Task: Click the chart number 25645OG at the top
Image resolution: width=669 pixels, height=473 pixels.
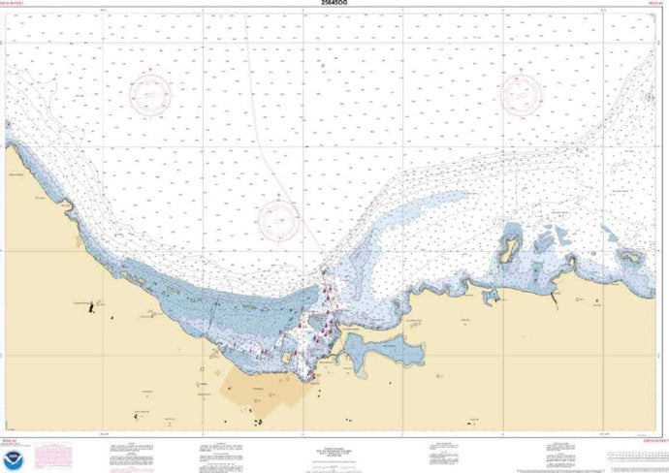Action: click(x=334, y=5)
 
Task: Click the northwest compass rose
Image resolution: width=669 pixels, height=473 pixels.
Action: click(x=151, y=95)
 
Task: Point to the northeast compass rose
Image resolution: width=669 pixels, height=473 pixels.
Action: click(x=522, y=95)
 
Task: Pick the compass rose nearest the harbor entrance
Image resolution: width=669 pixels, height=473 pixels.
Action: click(x=279, y=217)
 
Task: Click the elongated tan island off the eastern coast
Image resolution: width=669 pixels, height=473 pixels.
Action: click(x=507, y=246)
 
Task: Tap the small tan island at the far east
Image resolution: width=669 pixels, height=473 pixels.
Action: click(x=632, y=259)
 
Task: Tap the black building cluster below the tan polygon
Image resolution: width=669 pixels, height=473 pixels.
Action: click(x=260, y=420)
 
